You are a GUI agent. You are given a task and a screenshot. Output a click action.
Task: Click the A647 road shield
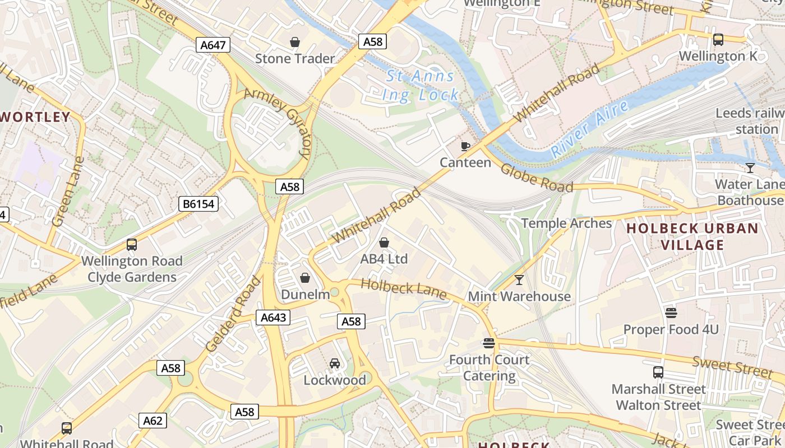pyautogui.click(x=213, y=45)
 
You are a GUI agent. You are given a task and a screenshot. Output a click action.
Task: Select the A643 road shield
pyautogui.click(x=274, y=318)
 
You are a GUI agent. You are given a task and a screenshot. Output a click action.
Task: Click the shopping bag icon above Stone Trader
pyautogui.click(x=295, y=42)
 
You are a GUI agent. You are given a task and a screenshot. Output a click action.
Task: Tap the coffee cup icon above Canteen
pyautogui.click(x=465, y=146)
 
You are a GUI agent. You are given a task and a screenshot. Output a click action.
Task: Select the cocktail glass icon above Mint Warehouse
pyautogui.click(x=519, y=279)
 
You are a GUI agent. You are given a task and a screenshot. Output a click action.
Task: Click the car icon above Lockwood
pyautogui.click(x=335, y=363)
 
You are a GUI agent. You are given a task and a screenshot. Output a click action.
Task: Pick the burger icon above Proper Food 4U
pyautogui.click(x=671, y=312)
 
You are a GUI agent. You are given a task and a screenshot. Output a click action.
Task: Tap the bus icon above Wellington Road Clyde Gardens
pyautogui.click(x=132, y=245)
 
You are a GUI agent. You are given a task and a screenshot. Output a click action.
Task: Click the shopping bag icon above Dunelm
pyautogui.click(x=305, y=278)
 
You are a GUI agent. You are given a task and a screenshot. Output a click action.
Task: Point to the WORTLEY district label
pyautogui.click(x=35, y=118)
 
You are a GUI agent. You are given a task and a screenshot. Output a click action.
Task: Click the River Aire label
pyautogui.click(x=590, y=129)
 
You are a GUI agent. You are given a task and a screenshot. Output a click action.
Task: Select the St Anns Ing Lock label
pyautogui.click(x=421, y=86)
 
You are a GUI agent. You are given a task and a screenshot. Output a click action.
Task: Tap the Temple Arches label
pyautogui.click(x=566, y=223)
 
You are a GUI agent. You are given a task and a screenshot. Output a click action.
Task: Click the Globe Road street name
pyautogui.click(x=537, y=178)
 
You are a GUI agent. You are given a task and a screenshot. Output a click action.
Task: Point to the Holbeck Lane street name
pyautogui.click(x=403, y=289)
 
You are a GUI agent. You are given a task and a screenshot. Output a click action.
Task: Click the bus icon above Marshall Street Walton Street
pyautogui.click(x=658, y=372)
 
